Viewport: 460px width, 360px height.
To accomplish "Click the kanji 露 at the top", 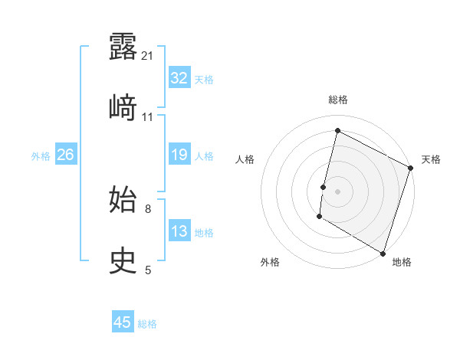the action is click(123, 47).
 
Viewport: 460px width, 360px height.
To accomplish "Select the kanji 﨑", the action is click(123, 107).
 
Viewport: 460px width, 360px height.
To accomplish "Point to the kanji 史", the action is click(123, 260).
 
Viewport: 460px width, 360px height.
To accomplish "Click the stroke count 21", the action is click(147, 56).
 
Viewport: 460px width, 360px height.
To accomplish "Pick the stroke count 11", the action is click(147, 117).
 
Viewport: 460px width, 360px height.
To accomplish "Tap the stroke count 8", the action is click(147, 208).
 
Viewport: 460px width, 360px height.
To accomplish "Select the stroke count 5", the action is click(147, 270).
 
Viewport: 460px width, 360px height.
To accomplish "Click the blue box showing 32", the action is click(179, 78).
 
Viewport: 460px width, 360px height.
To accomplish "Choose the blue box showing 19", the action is click(179, 155).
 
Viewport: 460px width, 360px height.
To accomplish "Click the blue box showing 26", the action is click(65, 155).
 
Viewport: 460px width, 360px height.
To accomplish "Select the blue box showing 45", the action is click(123, 322).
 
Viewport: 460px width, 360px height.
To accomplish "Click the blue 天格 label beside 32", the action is click(204, 79).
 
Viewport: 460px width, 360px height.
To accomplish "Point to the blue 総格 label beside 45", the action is click(147, 324).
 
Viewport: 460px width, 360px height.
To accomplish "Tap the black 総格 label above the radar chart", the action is click(338, 100).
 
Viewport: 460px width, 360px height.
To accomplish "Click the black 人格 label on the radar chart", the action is click(245, 159).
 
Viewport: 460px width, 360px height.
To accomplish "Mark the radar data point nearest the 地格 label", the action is click(383, 253).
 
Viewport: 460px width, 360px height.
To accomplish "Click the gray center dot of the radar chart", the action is click(338, 191).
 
